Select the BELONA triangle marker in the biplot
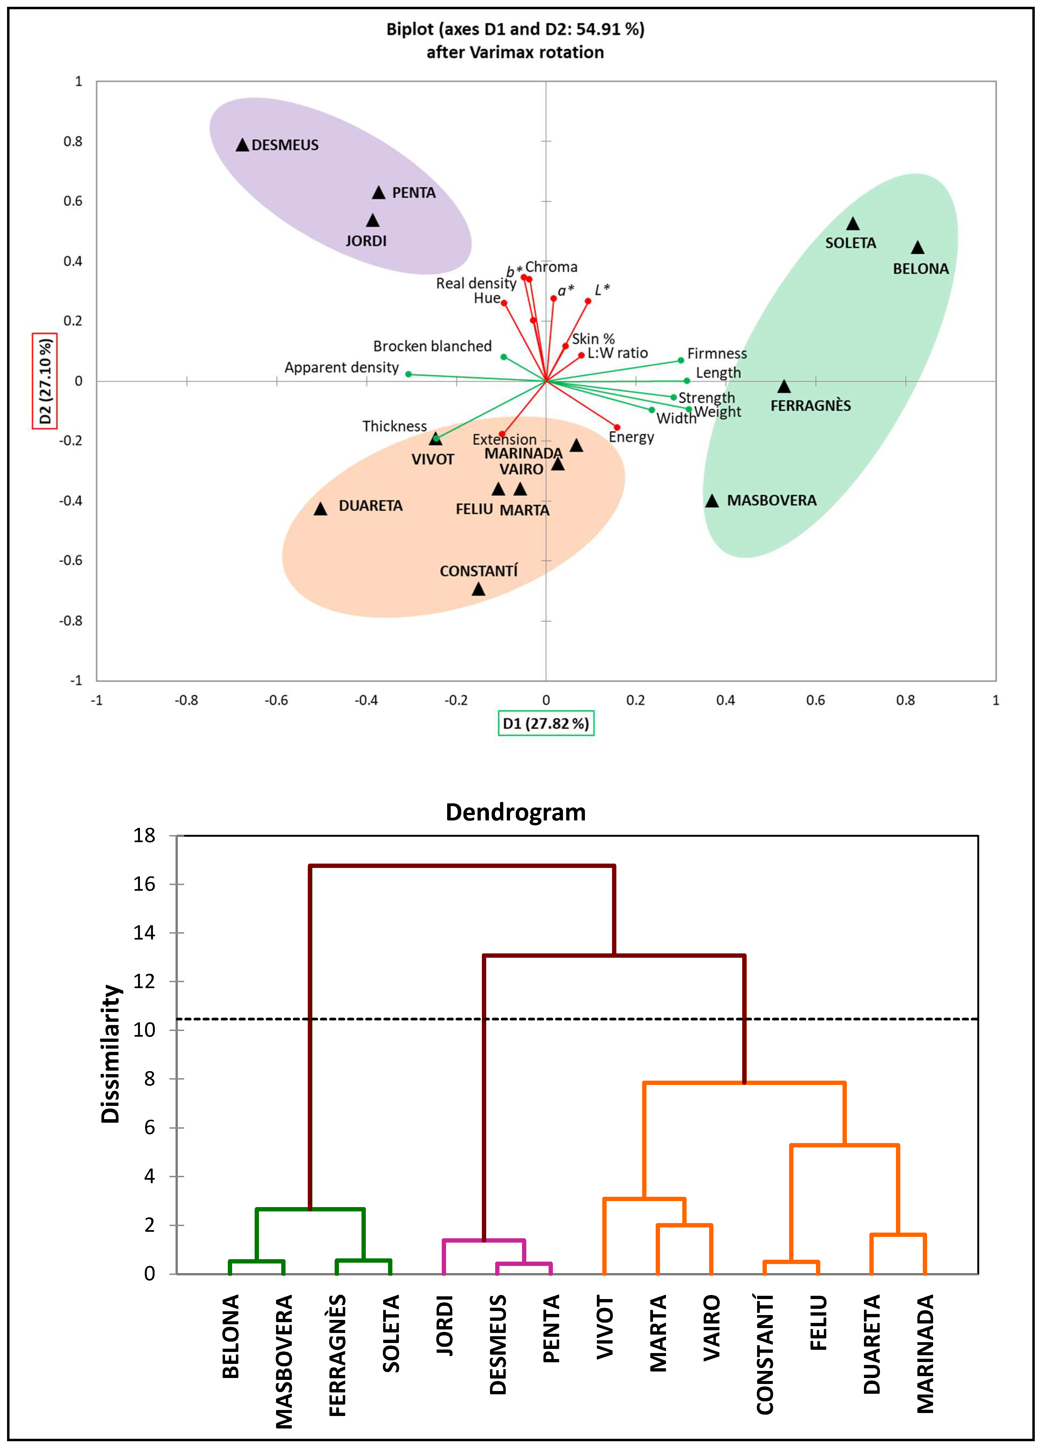tap(918, 248)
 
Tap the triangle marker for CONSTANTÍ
tap(479, 589)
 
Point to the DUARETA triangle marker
tap(320, 509)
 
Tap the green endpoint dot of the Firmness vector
tap(681, 361)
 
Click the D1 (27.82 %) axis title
tap(546, 723)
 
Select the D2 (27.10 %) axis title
tap(45, 381)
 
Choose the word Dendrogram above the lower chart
tap(515, 812)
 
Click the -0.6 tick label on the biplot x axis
tap(276, 700)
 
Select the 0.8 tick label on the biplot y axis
tap(73, 141)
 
